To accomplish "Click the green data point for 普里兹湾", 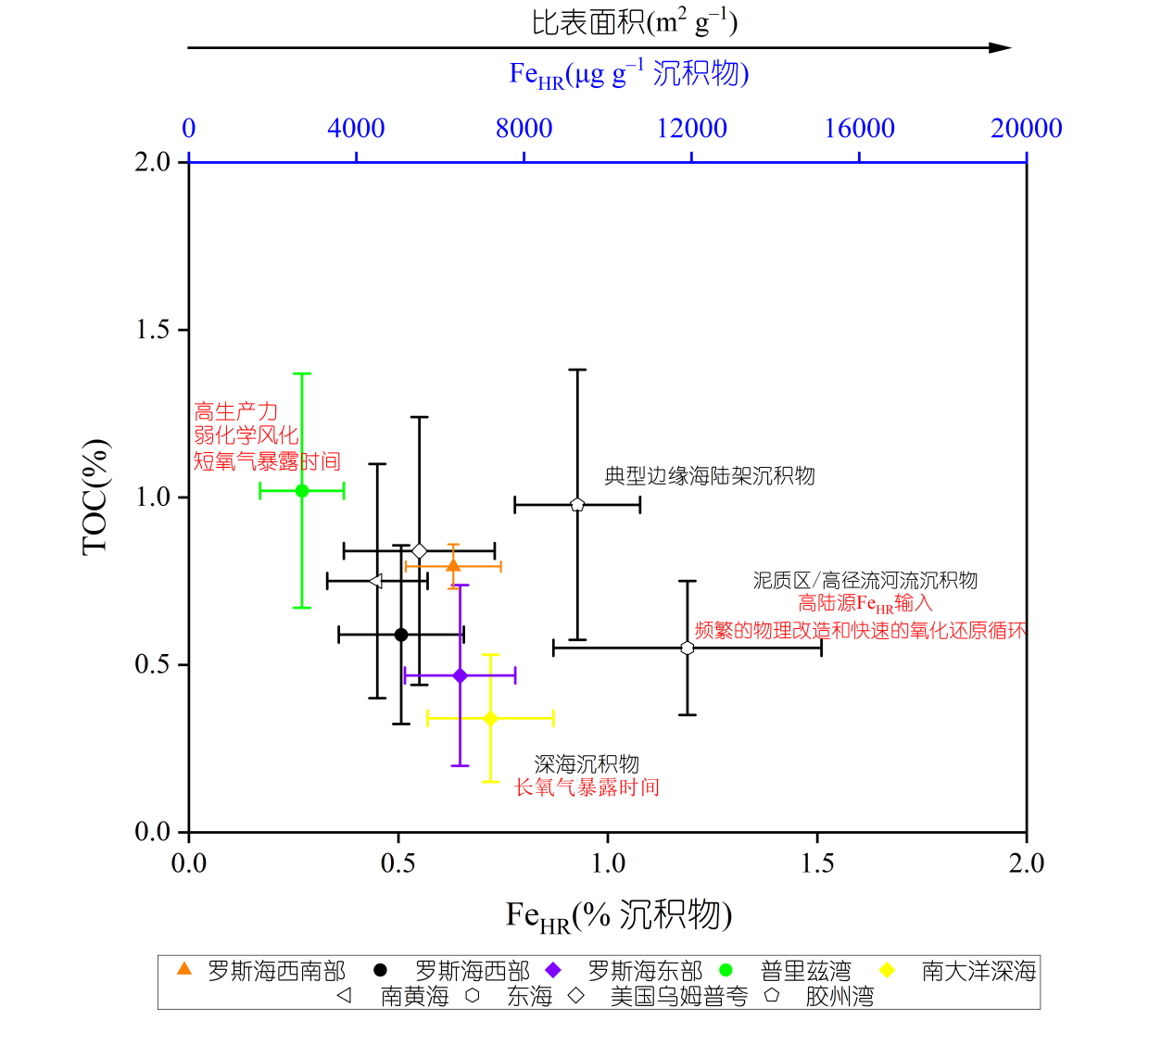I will (302, 490).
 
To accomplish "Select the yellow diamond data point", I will (491, 718).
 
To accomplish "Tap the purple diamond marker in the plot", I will (461, 676).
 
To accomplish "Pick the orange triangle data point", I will (453, 565).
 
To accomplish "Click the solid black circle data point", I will (401, 635).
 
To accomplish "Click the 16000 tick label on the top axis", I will (859, 129).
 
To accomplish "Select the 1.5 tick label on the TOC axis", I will (154, 330).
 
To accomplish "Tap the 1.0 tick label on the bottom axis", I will (608, 863).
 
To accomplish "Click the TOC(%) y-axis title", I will (95, 497).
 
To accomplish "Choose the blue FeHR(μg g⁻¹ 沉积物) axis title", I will (629, 74).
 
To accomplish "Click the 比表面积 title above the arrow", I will (634, 22).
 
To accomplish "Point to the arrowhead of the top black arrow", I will (1001, 48).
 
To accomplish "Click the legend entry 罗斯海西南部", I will (276, 971).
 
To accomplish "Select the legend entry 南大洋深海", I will (978, 971).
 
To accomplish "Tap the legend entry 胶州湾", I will (839, 997).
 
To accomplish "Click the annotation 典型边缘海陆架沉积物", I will (710, 476).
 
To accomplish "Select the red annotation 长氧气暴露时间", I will (587, 787).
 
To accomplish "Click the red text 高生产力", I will (236, 411).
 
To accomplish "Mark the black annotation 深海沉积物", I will (587, 764).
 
